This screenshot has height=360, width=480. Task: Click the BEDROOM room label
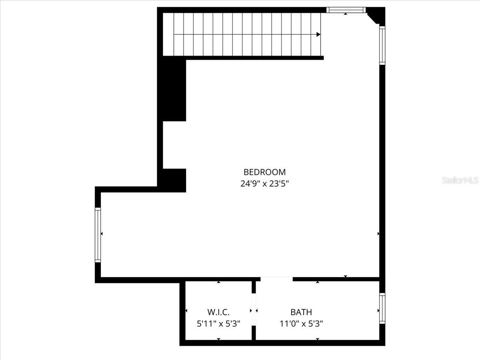[x=265, y=172]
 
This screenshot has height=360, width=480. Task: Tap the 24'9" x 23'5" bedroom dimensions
[x=265, y=184]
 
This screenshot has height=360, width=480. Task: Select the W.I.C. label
[x=218, y=312]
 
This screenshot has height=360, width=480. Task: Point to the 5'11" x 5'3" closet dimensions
[x=218, y=324]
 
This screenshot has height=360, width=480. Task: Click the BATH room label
[x=301, y=312]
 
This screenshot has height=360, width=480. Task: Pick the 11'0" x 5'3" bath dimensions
[x=301, y=324]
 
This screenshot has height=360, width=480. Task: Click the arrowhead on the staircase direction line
[x=318, y=34]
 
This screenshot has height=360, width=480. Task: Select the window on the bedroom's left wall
[x=98, y=235]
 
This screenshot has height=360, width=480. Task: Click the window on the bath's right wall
[x=382, y=308]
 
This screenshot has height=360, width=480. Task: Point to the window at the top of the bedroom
[x=346, y=10]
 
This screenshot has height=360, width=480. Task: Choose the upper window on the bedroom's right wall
[x=382, y=45]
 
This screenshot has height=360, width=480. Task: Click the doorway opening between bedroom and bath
[x=276, y=279]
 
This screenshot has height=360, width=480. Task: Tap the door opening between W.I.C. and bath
[x=254, y=310]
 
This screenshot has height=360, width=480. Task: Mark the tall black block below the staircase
[x=174, y=89]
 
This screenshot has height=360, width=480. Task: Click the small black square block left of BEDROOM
[x=174, y=180]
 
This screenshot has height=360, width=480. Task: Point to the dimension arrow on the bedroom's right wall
[x=378, y=234]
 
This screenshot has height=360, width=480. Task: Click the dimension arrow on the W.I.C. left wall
[x=186, y=311]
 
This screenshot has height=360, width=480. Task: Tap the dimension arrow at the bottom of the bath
[x=318, y=339]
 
